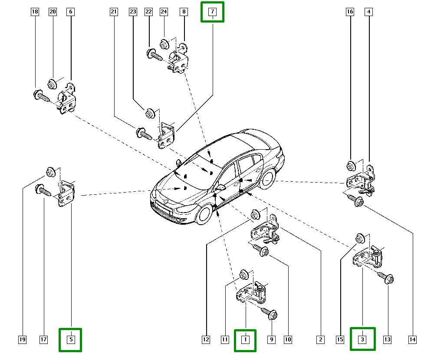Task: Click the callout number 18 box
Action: pyautogui.click(x=35, y=12)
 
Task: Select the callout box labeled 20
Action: pyautogui.click(x=53, y=12)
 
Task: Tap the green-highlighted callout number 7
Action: pyautogui.click(x=213, y=12)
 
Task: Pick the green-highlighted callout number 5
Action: pyautogui.click(x=71, y=340)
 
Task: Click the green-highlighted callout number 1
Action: pyautogui.click(x=245, y=340)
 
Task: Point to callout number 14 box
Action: pyautogui.click(x=412, y=340)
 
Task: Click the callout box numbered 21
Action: pyautogui.click(x=114, y=12)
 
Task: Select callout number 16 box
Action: pyautogui.click(x=350, y=12)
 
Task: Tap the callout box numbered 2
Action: pyautogui.click(x=320, y=340)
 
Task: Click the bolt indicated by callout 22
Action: pyautogui.click(x=154, y=55)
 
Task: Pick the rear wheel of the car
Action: pyautogui.click(x=268, y=177)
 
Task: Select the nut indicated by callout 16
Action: pyautogui.click(x=351, y=166)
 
